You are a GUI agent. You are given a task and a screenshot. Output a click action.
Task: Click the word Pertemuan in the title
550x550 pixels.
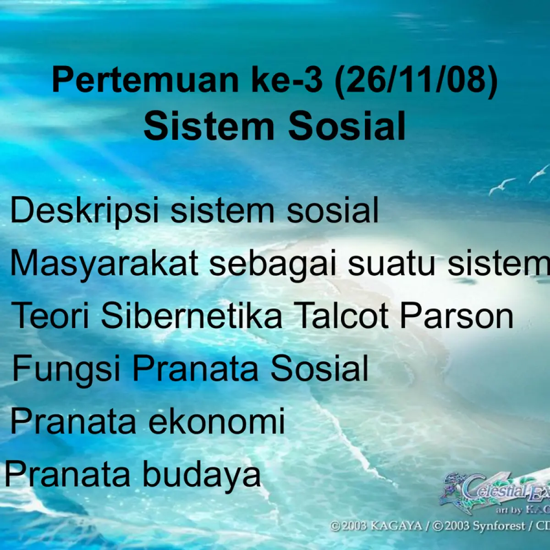click(145, 80)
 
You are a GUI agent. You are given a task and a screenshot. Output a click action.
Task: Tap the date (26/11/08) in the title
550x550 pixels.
click(416, 81)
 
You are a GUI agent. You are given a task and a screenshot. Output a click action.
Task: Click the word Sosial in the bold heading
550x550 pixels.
click(347, 126)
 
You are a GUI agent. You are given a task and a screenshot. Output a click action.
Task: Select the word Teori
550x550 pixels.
click(50, 316)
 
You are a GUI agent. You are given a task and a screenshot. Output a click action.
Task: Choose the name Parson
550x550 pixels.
click(456, 316)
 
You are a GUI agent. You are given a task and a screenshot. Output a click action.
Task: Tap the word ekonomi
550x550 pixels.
click(217, 421)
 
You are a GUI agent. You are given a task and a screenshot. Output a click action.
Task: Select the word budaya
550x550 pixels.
click(202, 474)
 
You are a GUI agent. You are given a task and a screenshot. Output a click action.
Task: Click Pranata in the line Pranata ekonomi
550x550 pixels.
click(73, 421)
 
